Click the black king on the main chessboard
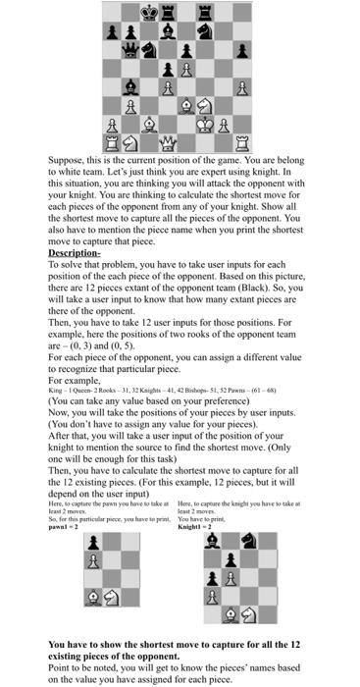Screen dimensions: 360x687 click(x=148, y=12)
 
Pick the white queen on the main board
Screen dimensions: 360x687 click(x=167, y=143)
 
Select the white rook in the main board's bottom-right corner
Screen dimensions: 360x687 click(x=241, y=143)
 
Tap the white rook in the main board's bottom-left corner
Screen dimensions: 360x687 click(x=111, y=143)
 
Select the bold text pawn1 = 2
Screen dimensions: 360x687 click(x=69, y=527)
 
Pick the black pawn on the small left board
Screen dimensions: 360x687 click(x=94, y=543)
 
